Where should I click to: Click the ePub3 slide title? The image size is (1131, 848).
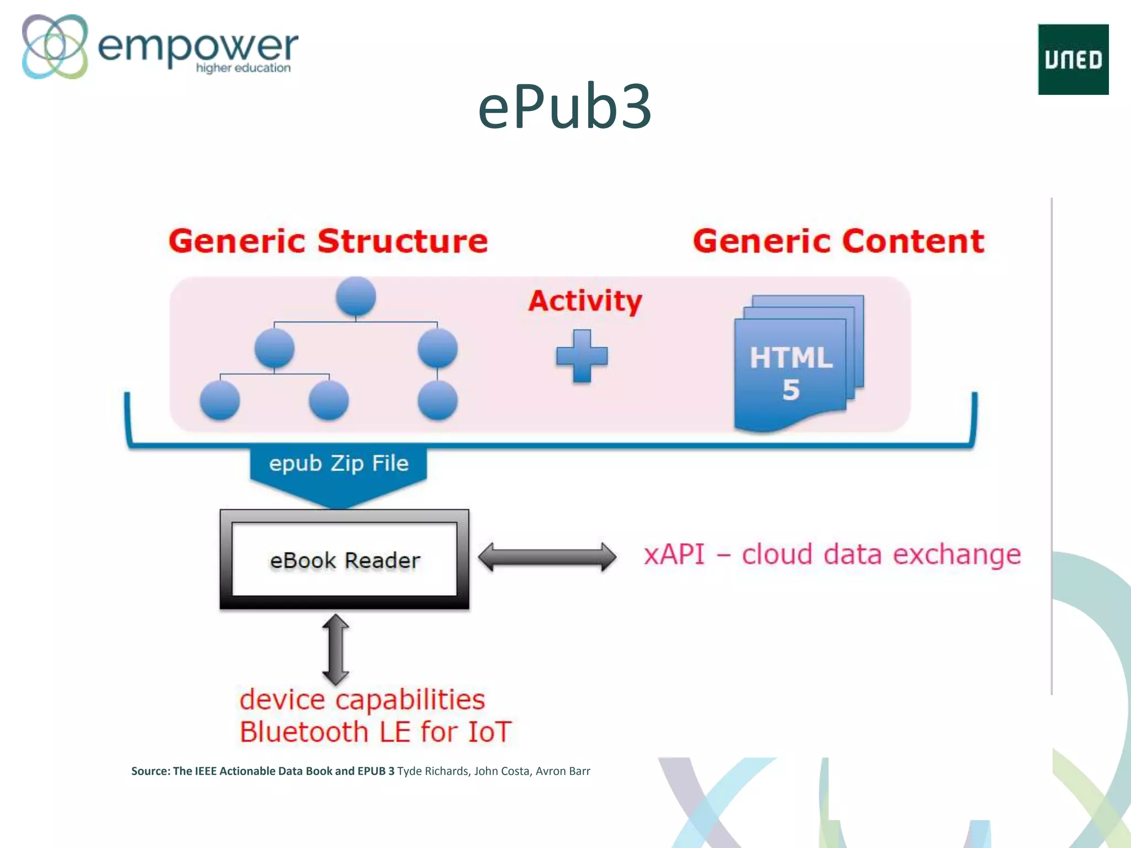(564, 106)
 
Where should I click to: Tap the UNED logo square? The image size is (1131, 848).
(1073, 60)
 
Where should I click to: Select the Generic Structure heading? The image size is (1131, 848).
(328, 241)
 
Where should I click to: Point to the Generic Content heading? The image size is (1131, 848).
(838, 241)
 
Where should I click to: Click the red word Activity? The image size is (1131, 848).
(585, 301)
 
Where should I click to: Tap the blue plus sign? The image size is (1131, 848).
(582, 356)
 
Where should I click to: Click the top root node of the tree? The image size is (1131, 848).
(356, 296)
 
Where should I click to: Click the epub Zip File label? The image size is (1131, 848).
(339, 463)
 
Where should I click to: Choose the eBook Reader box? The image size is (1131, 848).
(345, 560)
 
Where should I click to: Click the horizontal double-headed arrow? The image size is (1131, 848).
(547, 556)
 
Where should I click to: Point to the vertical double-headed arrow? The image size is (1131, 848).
(335, 650)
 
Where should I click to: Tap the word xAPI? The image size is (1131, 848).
(674, 554)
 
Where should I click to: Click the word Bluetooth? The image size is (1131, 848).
(304, 732)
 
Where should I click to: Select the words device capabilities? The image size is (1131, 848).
(362, 699)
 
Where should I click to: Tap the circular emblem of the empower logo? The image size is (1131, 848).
(55, 46)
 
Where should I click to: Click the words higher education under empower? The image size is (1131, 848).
(243, 68)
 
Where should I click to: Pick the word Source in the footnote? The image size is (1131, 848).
(150, 771)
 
